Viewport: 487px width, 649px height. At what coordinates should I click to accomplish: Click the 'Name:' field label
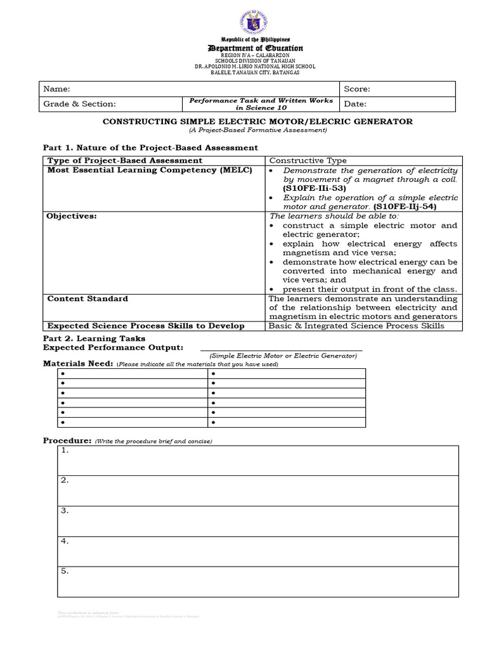pyautogui.click(x=56, y=89)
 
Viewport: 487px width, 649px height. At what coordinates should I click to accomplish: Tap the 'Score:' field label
pyautogui.click(x=357, y=89)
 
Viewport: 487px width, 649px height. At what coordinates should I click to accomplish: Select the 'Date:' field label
pyautogui.click(x=355, y=104)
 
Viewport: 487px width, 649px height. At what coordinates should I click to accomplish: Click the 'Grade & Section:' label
pyautogui.click(x=79, y=104)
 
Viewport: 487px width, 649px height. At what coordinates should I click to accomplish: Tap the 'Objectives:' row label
pyautogui.click(x=72, y=216)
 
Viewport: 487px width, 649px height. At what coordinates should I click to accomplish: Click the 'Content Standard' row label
pyautogui.click(x=88, y=299)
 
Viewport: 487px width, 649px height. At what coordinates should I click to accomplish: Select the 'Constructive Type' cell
pyautogui.click(x=308, y=160)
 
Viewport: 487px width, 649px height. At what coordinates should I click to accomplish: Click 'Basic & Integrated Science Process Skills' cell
pyautogui.click(x=356, y=326)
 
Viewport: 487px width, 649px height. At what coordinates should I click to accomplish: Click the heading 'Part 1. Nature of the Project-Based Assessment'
pyautogui.click(x=150, y=147)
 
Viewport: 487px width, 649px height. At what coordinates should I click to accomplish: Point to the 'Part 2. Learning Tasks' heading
pyautogui.click(x=94, y=338)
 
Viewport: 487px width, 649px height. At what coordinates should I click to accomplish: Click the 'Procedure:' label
pyautogui.click(x=67, y=440)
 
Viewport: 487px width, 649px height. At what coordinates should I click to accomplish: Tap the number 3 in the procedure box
pyautogui.click(x=64, y=511)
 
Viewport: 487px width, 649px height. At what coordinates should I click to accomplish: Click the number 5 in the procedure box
pyautogui.click(x=64, y=571)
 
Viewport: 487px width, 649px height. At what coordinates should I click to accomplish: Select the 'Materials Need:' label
pyautogui.click(x=78, y=363)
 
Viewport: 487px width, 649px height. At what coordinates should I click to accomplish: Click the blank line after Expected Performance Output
pyautogui.click(x=281, y=348)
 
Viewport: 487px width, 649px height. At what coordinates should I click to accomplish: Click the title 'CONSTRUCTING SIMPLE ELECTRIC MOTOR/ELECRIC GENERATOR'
pyautogui.click(x=257, y=121)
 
